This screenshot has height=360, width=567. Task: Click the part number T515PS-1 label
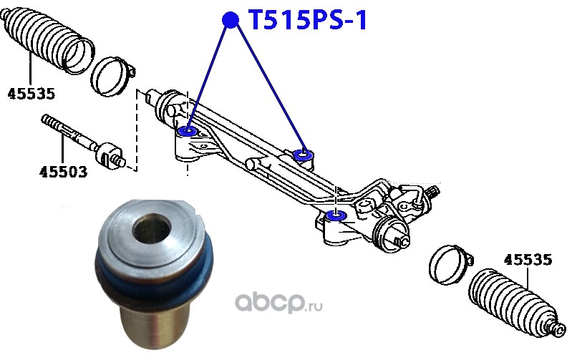307,21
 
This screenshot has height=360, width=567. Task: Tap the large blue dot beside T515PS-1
230,20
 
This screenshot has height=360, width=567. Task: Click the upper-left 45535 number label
31,93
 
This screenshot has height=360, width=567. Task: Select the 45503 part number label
63,171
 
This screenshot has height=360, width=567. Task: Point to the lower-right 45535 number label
528,261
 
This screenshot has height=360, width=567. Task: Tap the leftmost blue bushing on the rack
189,131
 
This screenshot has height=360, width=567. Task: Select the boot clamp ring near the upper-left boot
112,74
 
